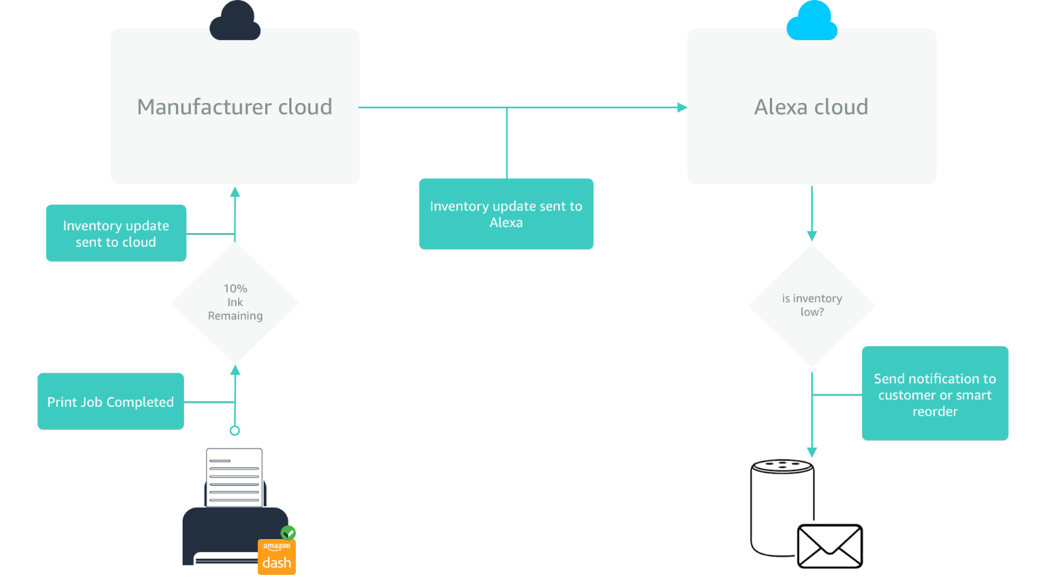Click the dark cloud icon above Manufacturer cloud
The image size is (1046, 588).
pos(234,21)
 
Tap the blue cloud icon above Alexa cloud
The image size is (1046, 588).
pos(812,21)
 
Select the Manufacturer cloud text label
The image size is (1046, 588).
pos(234,107)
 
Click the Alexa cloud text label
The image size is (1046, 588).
pos(811,107)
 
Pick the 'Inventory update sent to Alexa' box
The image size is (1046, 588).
pos(506,214)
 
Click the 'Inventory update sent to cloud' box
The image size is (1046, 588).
pos(116,234)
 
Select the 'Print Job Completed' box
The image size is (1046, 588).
pos(110,402)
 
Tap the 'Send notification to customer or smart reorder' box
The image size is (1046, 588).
pos(935,394)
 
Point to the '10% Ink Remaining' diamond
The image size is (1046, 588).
pos(234,302)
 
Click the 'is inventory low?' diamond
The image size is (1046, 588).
pos(812,305)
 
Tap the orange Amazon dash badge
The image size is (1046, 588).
pos(277,557)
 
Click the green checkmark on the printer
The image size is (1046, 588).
pos(289,532)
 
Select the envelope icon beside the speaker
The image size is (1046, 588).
pos(830,546)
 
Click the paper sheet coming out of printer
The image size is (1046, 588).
pos(234,476)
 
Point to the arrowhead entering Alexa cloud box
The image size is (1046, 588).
pos(682,107)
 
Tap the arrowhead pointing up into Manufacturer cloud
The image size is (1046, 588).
pos(234,192)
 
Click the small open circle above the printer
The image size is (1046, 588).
pos(234,430)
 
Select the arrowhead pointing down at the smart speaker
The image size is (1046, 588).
pos(812,452)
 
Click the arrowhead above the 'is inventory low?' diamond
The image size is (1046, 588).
pos(812,236)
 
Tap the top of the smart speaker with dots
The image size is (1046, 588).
pos(782,465)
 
